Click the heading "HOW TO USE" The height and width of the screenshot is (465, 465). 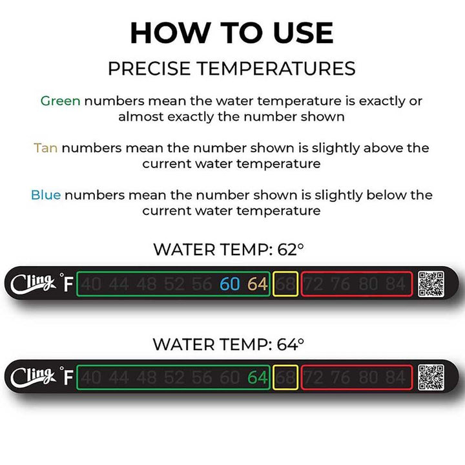pos(232,33)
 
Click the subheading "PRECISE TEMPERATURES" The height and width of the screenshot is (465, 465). pos(232,68)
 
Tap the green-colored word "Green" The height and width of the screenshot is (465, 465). pos(60,101)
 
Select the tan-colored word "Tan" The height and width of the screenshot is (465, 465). pos(46,148)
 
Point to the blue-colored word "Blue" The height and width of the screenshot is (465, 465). pos(46,195)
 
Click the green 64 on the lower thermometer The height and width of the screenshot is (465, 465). pos(257,378)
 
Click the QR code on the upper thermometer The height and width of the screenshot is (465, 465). pos(431,284)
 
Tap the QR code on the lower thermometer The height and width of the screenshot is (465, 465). pos(431,378)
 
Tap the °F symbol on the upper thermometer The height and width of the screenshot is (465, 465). pos(65,284)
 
